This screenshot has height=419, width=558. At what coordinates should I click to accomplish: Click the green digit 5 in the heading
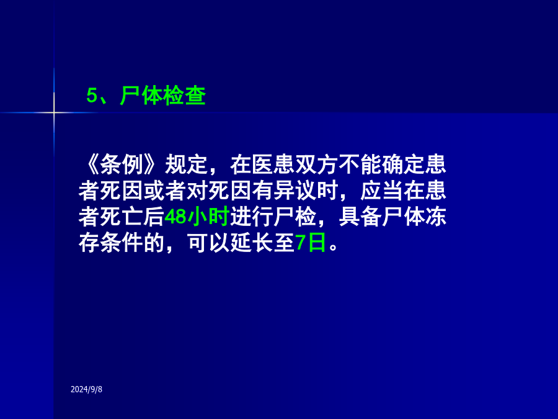(x=92, y=96)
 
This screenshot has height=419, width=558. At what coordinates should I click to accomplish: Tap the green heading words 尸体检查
(x=163, y=96)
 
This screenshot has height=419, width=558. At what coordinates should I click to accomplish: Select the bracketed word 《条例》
(x=122, y=164)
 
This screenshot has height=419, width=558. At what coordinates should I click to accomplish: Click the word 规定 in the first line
(x=187, y=164)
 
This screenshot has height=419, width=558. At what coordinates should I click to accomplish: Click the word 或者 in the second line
(x=165, y=191)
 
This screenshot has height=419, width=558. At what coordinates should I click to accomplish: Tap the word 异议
(x=294, y=191)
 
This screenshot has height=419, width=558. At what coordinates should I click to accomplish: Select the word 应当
(x=381, y=191)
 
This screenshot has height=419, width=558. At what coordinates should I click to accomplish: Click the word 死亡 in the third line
(x=122, y=217)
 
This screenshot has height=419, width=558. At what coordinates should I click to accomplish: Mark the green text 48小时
(x=197, y=217)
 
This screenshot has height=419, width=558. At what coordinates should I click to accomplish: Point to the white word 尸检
(x=294, y=217)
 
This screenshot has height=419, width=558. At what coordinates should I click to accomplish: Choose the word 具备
(x=360, y=217)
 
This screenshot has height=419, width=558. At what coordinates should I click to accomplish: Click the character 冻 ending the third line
(x=436, y=217)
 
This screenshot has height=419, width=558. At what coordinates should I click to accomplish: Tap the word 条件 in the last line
(x=122, y=243)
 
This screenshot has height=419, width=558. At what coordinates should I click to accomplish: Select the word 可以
(x=208, y=243)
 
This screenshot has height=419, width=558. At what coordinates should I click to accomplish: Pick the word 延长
(x=252, y=243)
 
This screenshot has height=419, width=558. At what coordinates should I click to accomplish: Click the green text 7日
(x=311, y=243)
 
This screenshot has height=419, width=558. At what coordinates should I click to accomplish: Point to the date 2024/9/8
(x=86, y=389)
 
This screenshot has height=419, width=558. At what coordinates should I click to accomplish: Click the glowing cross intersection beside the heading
(x=54, y=113)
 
